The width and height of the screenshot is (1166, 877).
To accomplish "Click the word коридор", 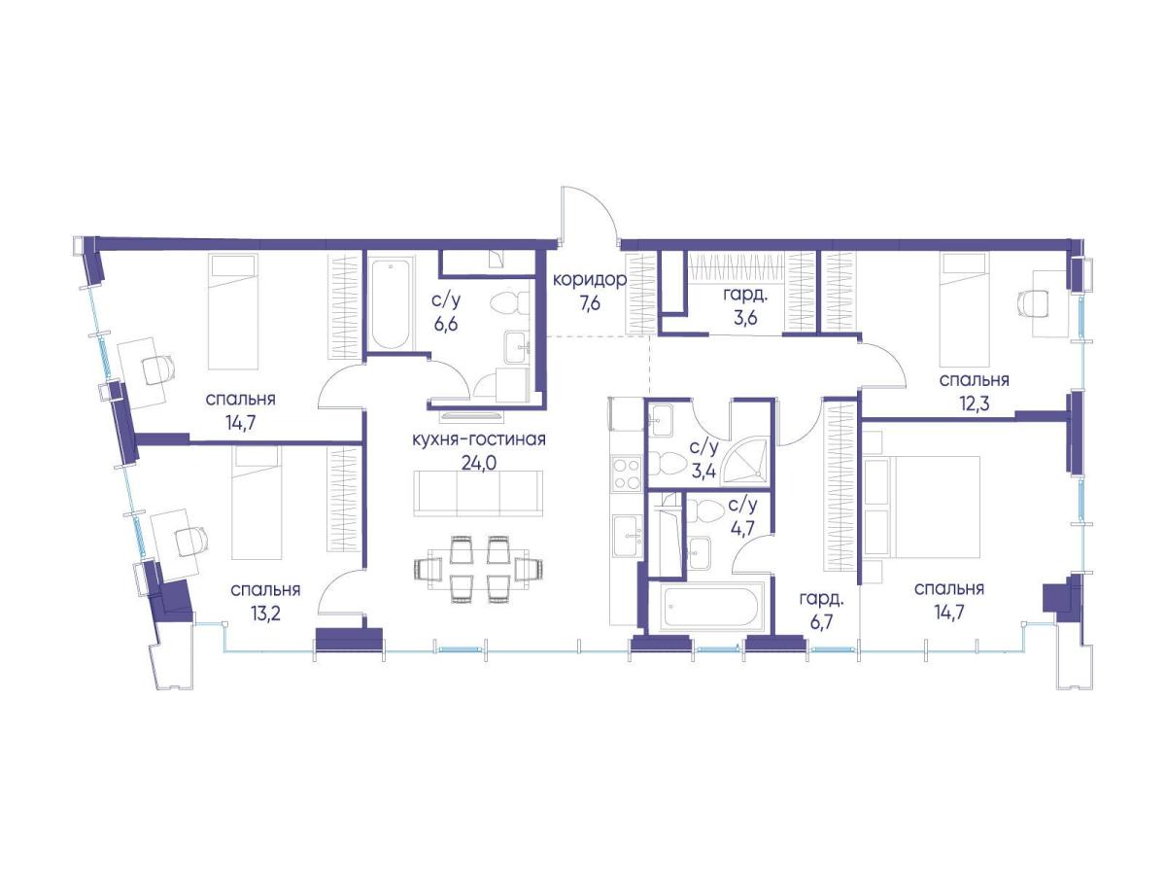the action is [x=590, y=279].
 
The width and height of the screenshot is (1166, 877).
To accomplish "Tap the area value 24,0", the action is [x=479, y=464].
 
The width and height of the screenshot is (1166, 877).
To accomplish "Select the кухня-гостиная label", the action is [x=479, y=439].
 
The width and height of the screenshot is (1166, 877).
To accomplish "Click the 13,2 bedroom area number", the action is [x=265, y=614].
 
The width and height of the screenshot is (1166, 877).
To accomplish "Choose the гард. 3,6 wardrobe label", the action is [x=738, y=306].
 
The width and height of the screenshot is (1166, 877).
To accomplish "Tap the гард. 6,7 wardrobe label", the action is [x=821, y=611].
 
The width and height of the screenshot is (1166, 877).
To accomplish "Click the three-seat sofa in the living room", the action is [x=478, y=493].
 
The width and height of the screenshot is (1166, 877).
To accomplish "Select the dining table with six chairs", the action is [x=478, y=569].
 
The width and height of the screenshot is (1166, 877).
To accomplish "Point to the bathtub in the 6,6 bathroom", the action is [x=391, y=304].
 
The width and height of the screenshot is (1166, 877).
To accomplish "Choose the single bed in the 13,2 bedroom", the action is [x=256, y=503].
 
